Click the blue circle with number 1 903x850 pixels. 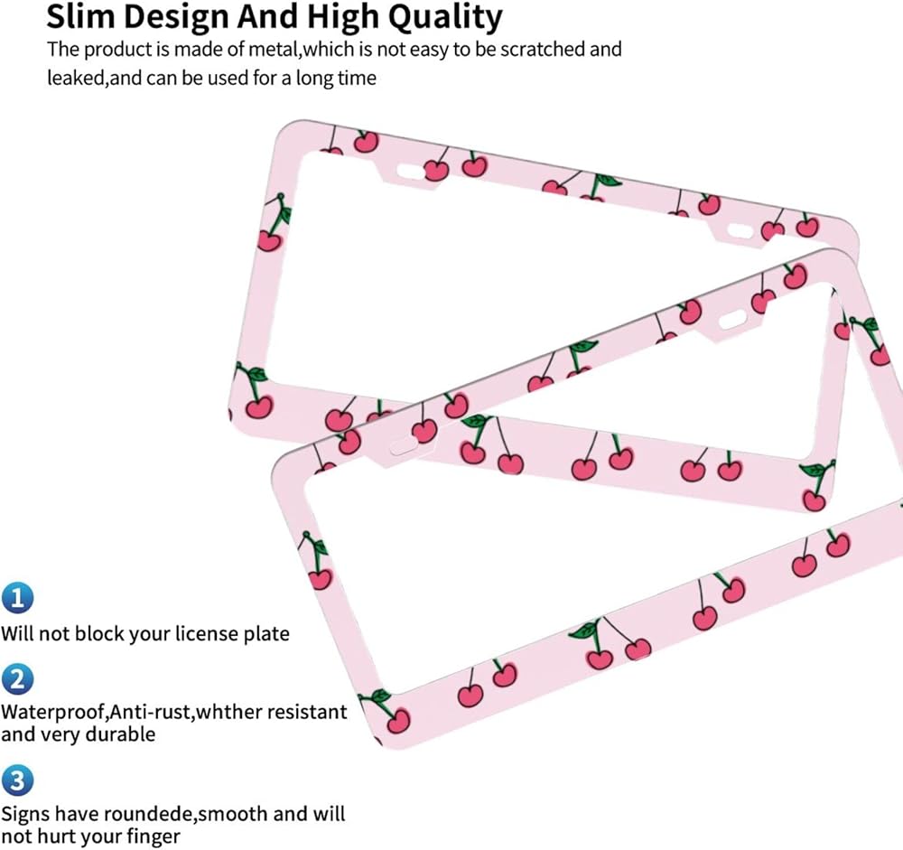coord(17,598)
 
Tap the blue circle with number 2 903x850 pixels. coord(17,679)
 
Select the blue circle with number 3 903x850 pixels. coord(17,780)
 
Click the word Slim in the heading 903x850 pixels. coord(79,17)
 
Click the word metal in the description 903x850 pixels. coord(273,50)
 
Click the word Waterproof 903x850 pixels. coord(53,713)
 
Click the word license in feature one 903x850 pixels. coord(207,633)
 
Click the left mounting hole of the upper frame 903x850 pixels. coord(409,171)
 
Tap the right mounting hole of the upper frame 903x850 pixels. coord(740,231)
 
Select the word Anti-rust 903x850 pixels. coord(151,713)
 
